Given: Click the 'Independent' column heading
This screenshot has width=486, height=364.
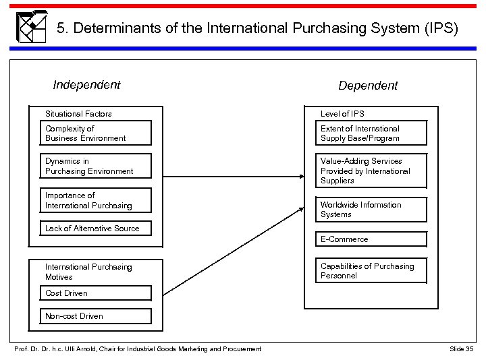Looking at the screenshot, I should click(86, 85).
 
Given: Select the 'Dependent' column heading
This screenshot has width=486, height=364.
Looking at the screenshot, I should click(368, 86).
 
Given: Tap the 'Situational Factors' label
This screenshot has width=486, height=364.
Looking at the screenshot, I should click(78, 114).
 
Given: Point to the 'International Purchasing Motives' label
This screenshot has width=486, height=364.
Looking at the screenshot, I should click(88, 272).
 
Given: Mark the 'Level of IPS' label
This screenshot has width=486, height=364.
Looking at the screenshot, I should click(342, 114).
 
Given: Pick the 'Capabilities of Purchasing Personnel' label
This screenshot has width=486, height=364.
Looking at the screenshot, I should click(367, 271).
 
